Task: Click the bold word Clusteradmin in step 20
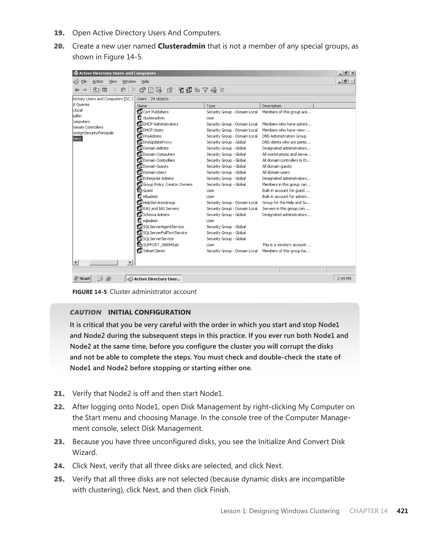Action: [181, 46]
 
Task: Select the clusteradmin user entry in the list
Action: [154, 118]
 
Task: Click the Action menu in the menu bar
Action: [98, 82]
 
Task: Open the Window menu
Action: [129, 82]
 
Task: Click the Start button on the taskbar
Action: [82, 278]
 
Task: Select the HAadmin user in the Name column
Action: [150, 196]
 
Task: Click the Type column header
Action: [211, 106]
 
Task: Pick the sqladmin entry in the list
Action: [150, 221]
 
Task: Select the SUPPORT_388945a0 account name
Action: [161, 245]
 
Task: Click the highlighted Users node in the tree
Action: [77, 139]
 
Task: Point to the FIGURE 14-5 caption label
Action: [89, 292]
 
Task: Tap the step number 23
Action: [59, 442]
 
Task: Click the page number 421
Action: [402, 511]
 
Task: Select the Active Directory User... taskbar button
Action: [154, 279]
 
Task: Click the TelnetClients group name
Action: [154, 251]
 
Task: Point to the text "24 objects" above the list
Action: [160, 99]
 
